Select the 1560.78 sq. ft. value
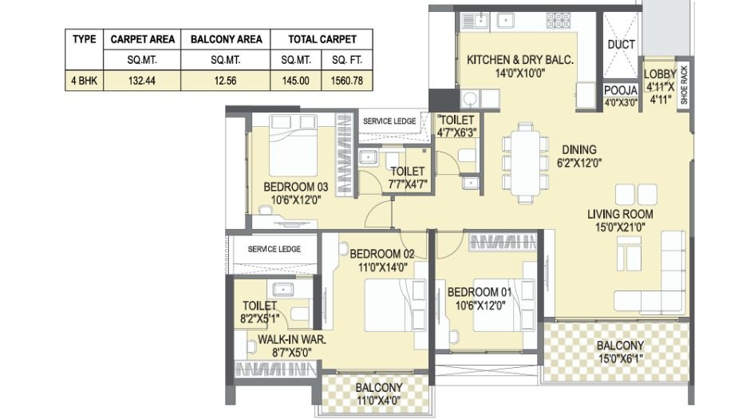click(345, 81)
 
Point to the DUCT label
click(621, 45)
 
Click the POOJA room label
click(621, 90)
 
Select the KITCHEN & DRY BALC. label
click(520, 60)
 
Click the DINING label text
click(578, 149)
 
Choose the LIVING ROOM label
click(620, 214)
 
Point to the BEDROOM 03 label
click(295, 188)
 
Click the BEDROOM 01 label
click(479, 291)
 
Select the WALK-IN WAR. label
click(291, 339)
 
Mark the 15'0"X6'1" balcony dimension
click(620, 358)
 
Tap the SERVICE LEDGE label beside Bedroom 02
click(274, 249)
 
